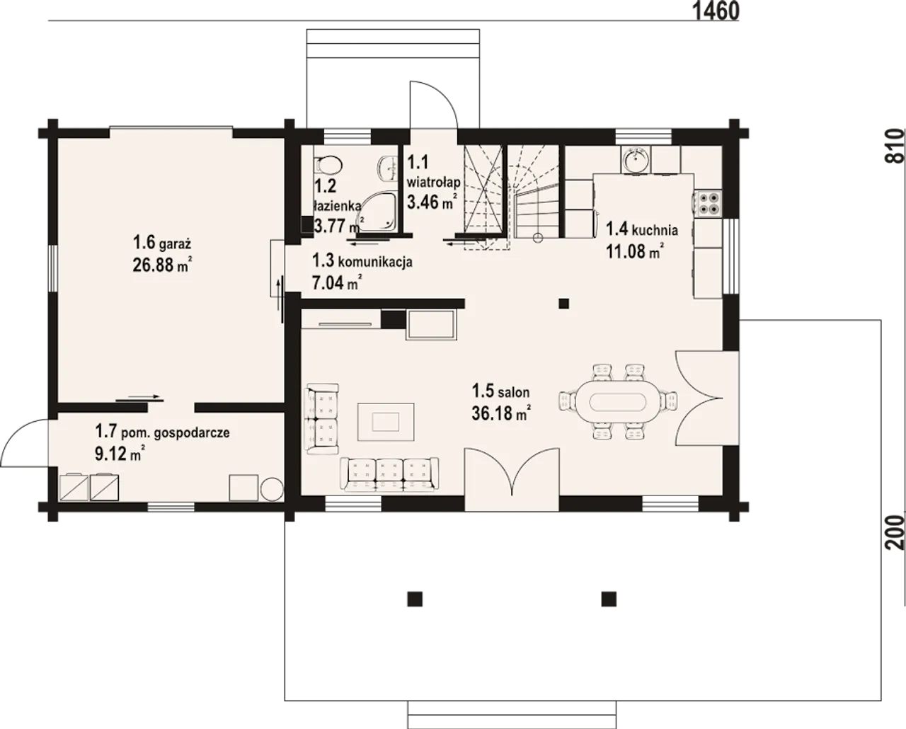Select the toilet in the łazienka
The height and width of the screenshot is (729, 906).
click(x=327, y=166)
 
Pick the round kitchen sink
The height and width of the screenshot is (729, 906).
click(x=636, y=161)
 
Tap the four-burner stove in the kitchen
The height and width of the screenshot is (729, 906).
click(x=709, y=204)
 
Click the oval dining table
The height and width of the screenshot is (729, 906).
click(x=617, y=402)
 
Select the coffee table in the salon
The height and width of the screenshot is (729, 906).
click(x=386, y=422)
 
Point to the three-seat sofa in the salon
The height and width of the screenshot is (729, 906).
click(x=389, y=475)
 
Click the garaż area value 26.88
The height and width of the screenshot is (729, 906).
click(x=154, y=265)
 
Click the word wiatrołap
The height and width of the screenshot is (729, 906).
click(x=433, y=183)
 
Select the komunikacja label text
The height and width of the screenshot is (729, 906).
click(x=376, y=262)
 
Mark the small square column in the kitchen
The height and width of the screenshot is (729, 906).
click(x=563, y=303)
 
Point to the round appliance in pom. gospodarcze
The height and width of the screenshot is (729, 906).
click(x=272, y=489)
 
